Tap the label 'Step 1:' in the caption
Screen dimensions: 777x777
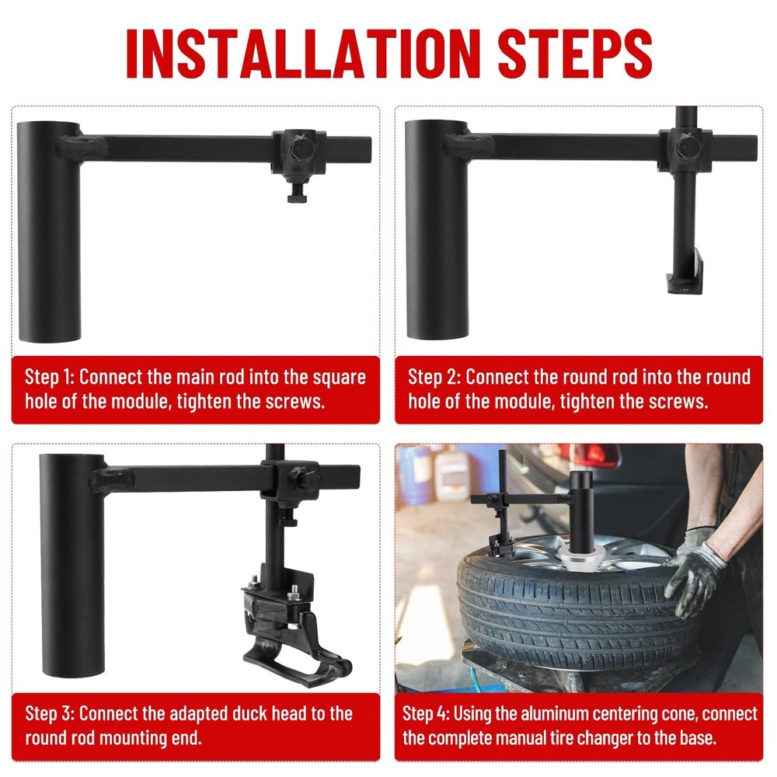click(49, 378)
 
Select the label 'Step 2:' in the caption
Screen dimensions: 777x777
click(434, 378)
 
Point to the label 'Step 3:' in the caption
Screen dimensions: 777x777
click(49, 713)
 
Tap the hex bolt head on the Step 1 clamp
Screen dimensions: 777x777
click(298, 151)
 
